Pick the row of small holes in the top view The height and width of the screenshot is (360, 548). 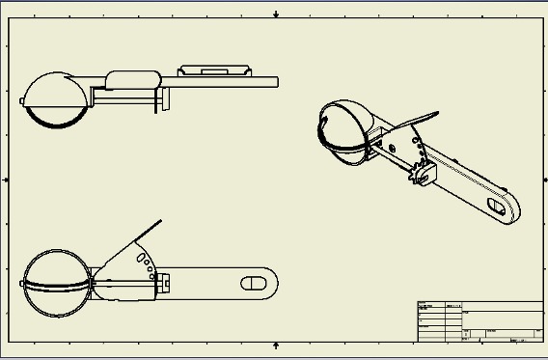pos(146,261)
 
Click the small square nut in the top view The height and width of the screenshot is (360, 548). pos(164,282)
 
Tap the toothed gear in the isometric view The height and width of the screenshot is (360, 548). pos(418,175)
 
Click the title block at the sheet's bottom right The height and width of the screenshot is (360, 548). pos(480,321)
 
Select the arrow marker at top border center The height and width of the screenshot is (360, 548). pos(276,14)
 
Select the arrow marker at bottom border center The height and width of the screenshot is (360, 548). pos(276,345)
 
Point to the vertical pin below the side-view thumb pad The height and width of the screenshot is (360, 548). pos(155,102)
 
